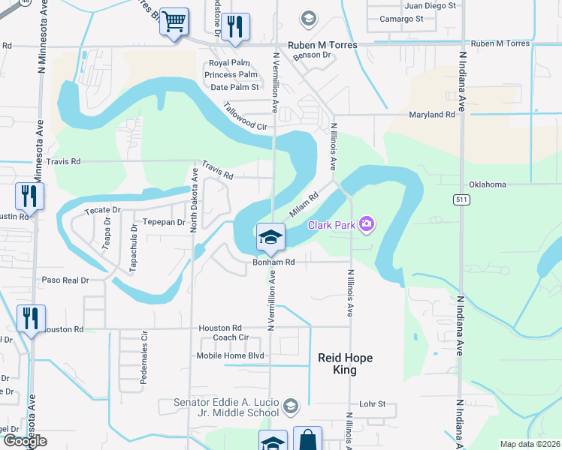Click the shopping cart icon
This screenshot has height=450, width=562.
pos(174,22)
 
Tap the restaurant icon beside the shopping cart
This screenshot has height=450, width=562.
pos(235,27)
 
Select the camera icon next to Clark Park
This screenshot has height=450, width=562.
pos(366,223)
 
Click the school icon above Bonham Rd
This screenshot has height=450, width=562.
pos(270,238)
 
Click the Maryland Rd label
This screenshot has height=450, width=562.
pos(432,115)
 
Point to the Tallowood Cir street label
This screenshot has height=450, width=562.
pos(245,117)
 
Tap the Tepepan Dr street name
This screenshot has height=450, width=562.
pos(164,222)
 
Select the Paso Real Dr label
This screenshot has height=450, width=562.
pos(65,280)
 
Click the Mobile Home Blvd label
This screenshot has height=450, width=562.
pos(230,355)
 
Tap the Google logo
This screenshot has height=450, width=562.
pos(25,442)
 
